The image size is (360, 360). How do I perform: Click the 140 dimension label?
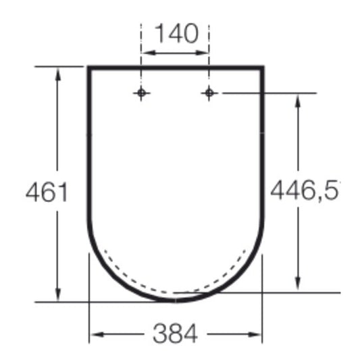click(x=176, y=34)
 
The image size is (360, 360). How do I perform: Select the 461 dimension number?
click(x=47, y=192)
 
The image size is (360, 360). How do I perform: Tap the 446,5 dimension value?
click(x=305, y=190)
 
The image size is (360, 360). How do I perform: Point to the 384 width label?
click(x=175, y=334)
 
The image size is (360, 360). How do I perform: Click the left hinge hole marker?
click(x=141, y=93)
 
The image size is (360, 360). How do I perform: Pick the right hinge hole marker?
click(x=209, y=93)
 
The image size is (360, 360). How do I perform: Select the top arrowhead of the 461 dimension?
click(x=58, y=74)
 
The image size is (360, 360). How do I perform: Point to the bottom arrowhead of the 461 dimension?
click(x=58, y=294)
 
